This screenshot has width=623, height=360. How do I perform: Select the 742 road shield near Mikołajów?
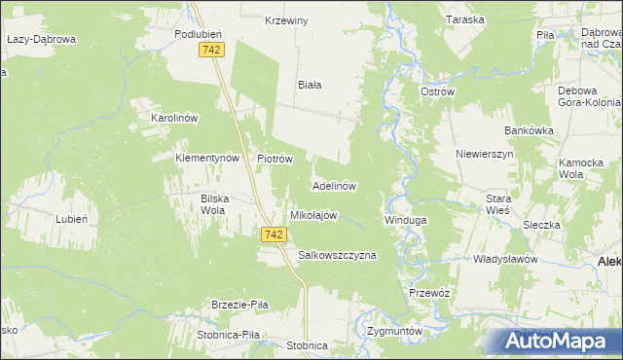(275, 234)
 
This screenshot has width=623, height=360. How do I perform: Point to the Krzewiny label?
(287, 20)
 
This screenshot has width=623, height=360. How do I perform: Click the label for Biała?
(310, 85)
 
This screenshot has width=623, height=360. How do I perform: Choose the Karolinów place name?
(174, 118)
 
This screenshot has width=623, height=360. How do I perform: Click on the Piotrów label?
(275, 158)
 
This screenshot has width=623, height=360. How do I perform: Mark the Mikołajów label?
(313, 215)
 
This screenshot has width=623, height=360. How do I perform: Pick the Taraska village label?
(464, 20)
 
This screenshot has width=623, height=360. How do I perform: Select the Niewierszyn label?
(484, 155)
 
